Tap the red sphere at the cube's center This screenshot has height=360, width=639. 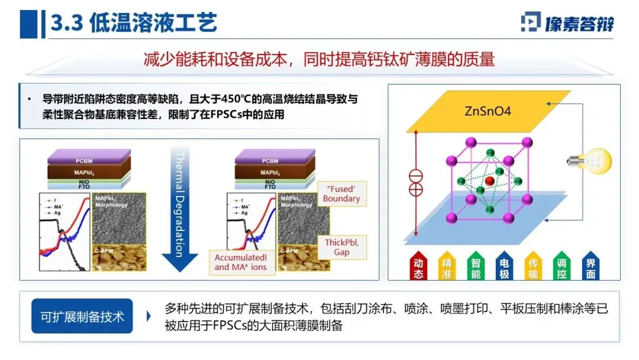click(489, 179)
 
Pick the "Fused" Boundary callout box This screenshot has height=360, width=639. click(341, 194)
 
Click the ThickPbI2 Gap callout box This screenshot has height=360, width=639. click(341, 247)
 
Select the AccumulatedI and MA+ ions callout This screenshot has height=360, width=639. click(240, 262)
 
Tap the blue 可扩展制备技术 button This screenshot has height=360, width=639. click(82, 316)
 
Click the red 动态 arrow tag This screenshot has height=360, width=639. click(418, 267)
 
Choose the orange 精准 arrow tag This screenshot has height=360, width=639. click(447, 267)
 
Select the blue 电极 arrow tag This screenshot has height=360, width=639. click(505, 267)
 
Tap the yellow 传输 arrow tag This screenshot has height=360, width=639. click(534, 267)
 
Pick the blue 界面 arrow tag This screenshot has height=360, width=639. click(591, 267)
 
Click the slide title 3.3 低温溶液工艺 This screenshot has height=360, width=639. click(134, 23)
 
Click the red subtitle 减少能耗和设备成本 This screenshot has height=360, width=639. click(319, 60)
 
